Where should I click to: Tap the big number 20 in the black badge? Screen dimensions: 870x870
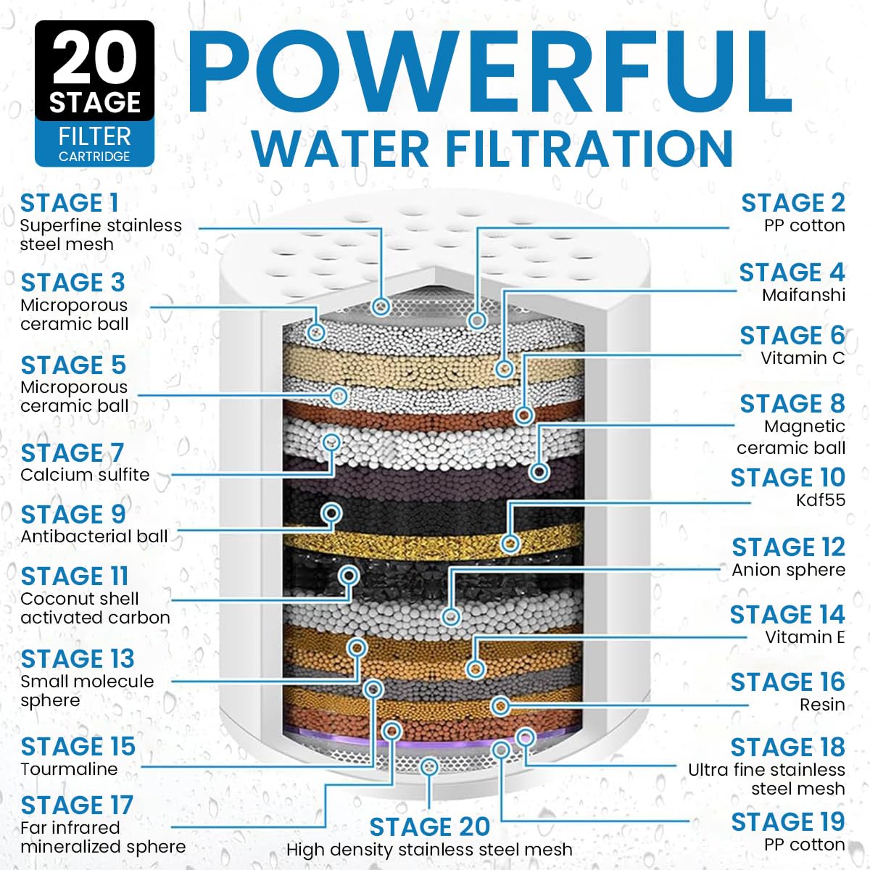tap(94, 60)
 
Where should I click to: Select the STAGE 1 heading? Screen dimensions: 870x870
tap(69, 203)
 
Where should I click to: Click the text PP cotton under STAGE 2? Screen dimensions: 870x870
tap(804, 225)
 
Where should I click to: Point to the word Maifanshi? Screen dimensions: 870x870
tap(803, 295)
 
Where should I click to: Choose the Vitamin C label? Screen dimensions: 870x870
tap(803, 358)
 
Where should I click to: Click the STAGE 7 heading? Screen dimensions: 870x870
tap(72, 452)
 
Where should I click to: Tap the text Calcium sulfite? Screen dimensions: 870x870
tap(85, 475)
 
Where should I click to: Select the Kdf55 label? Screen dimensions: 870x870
tap(820, 500)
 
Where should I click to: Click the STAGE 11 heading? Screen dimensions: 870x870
tap(75, 576)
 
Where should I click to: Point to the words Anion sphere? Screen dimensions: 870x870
tap(788, 570)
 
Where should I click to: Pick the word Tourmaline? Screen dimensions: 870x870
tap(69, 769)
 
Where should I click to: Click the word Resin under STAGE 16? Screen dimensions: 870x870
tap(822, 705)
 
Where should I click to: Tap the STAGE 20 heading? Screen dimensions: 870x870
tap(429, 827)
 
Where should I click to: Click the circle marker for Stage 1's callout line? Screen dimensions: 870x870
tap(381, 306)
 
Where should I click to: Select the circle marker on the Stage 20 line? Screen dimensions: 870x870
tap(429, 766)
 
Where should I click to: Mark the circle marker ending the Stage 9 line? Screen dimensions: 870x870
tap(332, 513)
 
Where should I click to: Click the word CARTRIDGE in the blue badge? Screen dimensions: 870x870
tap(94, 157)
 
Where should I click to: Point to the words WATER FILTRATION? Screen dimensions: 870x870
tap(492, 149)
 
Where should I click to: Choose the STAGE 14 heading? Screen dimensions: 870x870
tap(787, 615)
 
